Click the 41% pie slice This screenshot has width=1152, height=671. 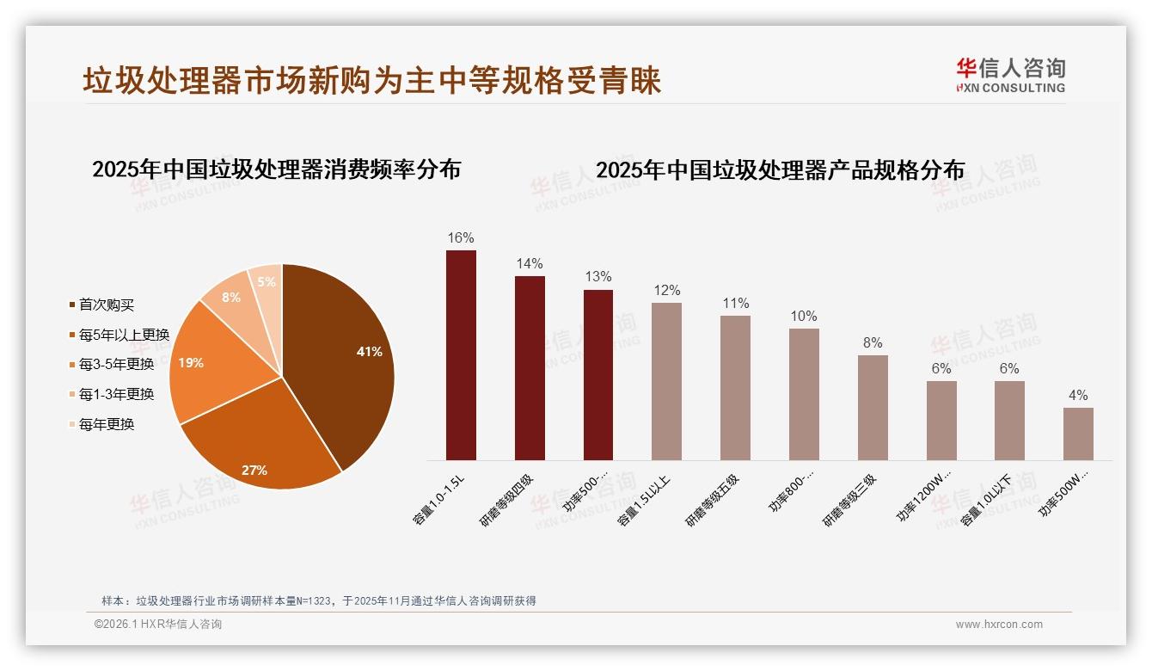344,353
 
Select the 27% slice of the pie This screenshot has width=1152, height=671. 258,447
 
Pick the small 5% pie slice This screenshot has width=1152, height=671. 267,282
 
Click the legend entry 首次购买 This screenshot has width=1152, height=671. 107,305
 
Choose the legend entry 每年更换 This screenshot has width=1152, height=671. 107,424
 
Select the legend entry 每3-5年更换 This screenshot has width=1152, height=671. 116,364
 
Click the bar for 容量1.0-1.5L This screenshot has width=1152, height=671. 461,355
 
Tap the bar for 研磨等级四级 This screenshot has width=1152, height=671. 530,368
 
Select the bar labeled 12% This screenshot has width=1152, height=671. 666,381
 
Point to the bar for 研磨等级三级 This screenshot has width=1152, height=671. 873,408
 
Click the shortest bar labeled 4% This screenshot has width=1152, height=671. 1078,434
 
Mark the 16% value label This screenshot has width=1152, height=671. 461,237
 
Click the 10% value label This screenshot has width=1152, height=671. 804,316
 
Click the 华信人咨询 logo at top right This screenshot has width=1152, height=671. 1010,75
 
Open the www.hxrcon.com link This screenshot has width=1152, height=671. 999,625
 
